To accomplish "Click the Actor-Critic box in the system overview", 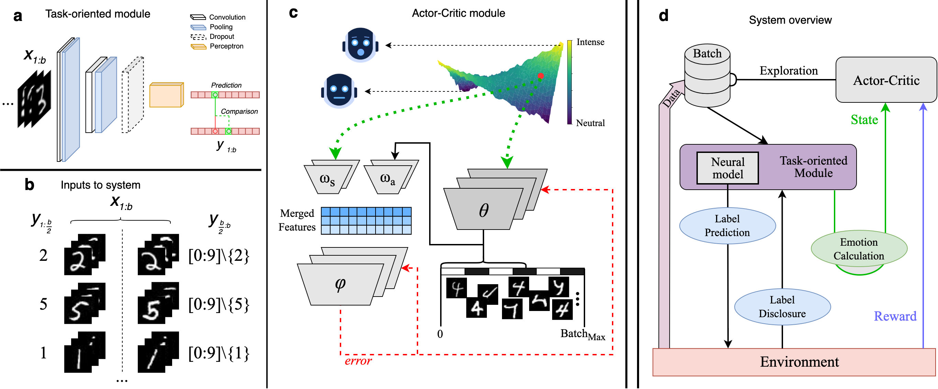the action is pyautogui.click(x=885, y=80).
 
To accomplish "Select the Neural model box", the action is pyautogui.click(x=727, y=168).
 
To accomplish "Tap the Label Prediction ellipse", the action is pyautogui.click(x=727, y=225).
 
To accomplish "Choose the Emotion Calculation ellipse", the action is pyautogui.click(x=859, y=249).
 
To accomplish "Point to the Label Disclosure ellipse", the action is pyautogui.click(x=782, y=307).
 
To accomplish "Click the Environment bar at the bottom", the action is pyautogui.click(x=794, y=362).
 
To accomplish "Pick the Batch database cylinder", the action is pyautogui.click(x=707, y=75).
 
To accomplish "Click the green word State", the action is pyautogui.click(x=864, y=120).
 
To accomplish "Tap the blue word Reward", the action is pyautogui.click(x=895, y=316).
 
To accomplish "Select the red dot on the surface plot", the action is pyautogui.click(x=541, y=76).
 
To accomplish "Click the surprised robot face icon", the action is pyautogui.click(x=360, y=45).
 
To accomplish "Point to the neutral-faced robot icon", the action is pyautogui.click(x=339, y=91).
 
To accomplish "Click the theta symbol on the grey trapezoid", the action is pyautogui.click(x=483, y=210).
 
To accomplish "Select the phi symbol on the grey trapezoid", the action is pyautogui.click(x=340, y=284).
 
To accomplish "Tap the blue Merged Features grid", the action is pyautogui.click(x=366, y=221).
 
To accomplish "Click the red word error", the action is pyautogui.click(x=358, y=361).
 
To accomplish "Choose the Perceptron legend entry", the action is pyautogui.click(x=217, y=46).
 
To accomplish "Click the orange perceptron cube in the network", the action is pyautogui.click(x=166, y=95).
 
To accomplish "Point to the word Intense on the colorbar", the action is pyautogui.click(x=590, y=42).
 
